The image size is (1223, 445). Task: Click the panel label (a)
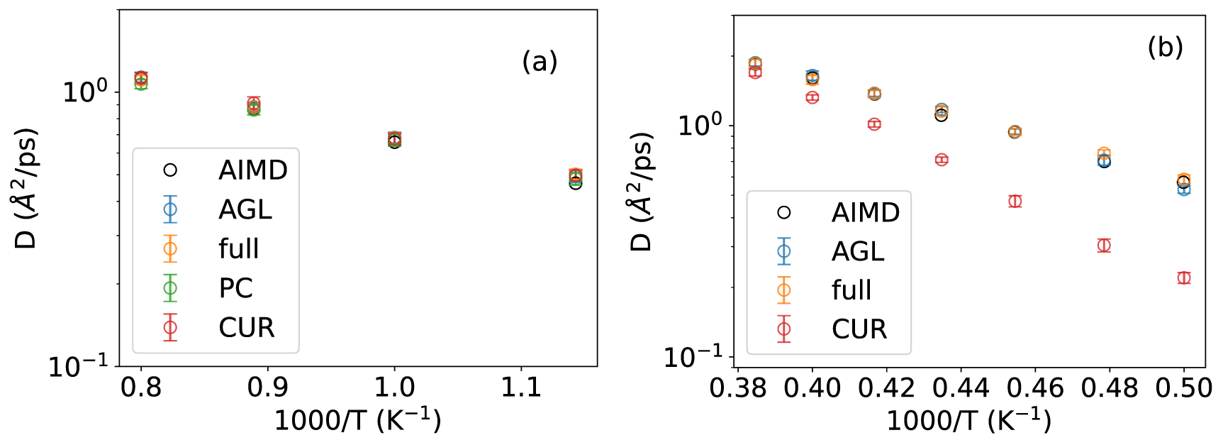[540, 62]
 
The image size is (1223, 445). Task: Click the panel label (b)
[1165, 47]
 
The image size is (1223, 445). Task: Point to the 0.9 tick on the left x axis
[267, 388]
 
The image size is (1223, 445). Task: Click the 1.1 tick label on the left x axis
[521, 388]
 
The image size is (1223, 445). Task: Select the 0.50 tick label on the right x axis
[1183, 388]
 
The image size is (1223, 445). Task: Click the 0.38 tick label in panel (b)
[738, 388]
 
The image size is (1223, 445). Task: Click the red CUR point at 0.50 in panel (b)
[1183, 278]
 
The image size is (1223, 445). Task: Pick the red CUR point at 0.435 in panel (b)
[942, 160]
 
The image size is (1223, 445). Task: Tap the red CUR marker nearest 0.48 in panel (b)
[1104, 246]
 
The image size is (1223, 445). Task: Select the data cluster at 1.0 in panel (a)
[394, 139]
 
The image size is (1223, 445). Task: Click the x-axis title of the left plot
[357, 420]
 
